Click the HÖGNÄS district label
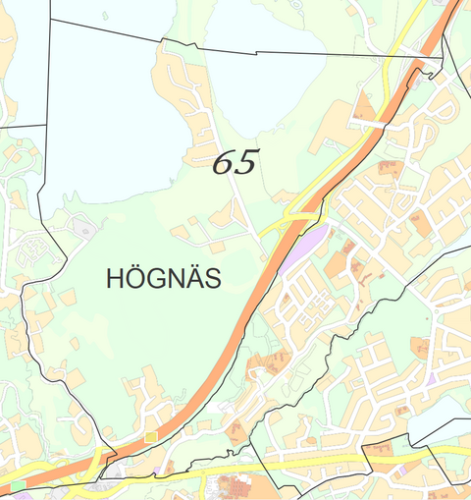[163, 279]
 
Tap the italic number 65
[235, 163]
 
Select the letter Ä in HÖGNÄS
[193, 279]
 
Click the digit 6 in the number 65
[225, 163]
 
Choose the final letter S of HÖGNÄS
[213, 280]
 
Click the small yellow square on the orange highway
[150, 435]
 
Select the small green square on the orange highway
[18, 485]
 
